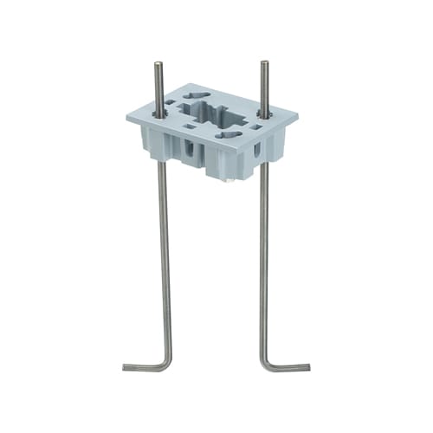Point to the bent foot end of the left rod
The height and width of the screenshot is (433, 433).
coord(126,368)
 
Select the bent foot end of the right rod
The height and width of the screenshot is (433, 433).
coord(307,367)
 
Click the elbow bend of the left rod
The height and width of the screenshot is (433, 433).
coord(167,365)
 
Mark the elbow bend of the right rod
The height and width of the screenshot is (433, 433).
coord(263,365)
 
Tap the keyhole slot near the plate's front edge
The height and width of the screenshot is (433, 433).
coord(231,134)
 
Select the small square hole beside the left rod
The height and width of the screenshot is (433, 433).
coord(171,105)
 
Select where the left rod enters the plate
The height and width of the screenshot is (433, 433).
coord(159,113)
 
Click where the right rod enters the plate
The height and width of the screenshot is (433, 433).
coord(263,113)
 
